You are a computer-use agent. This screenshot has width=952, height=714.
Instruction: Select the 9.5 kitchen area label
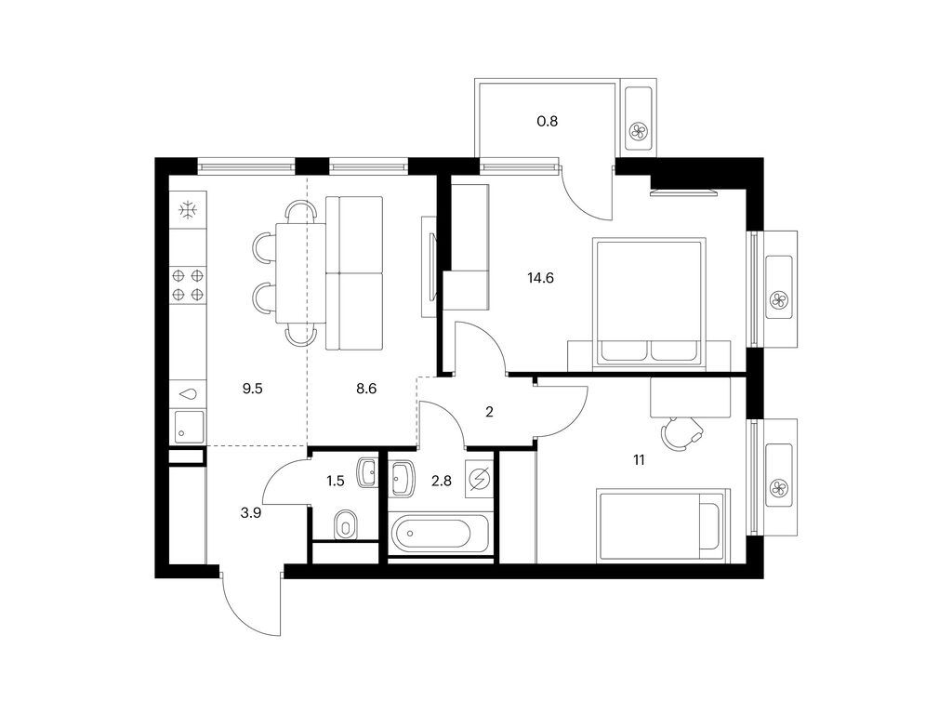253,390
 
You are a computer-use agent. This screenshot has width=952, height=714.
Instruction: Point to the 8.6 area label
365,390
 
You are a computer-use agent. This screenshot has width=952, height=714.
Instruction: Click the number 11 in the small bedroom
639,459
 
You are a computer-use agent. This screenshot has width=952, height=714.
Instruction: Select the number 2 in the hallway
490,413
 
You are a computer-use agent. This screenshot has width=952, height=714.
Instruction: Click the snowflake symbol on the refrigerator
188,210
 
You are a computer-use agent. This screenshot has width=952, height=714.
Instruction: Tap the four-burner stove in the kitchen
188,284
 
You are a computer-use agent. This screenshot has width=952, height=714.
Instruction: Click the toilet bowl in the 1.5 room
345,526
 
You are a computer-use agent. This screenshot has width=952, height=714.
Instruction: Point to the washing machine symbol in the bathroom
480,480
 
